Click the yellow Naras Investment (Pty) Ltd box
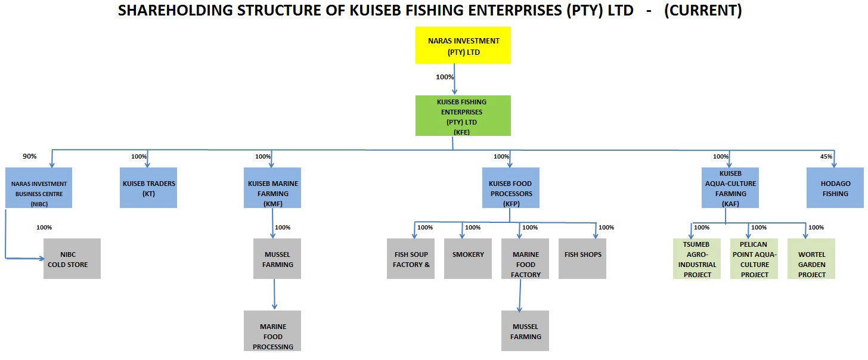point(463,45)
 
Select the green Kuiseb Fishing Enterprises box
point(454,116)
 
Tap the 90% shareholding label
point(30,156)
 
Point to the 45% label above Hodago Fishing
point(826,156)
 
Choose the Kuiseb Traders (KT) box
point(148,188)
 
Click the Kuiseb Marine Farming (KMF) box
point(272,188)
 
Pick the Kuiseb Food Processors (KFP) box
point(511,188)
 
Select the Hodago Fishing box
point(835,188)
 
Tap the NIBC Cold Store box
point(72,259)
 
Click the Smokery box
point(467,259)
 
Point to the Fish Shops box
point(582,259)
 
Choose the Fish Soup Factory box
point(411,259)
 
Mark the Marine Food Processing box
point(272,331)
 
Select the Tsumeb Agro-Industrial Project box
point(697,259)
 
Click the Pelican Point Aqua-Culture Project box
point(754,259)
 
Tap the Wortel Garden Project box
point(811,259)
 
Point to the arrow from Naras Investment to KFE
point(454,81)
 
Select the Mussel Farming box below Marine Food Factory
point(525,331)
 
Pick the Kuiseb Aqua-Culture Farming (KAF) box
point(730,188)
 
